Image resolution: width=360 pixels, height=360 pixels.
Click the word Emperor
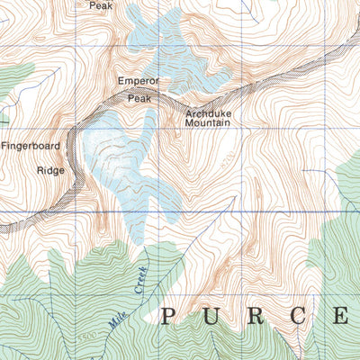tap(138, 81)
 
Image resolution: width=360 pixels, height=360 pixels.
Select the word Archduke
tap(209, 114)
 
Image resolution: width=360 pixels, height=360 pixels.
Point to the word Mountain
tap(209, 126)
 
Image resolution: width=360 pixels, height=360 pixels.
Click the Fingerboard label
tap(31, 145)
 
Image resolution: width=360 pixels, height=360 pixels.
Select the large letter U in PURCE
tap(213, 316)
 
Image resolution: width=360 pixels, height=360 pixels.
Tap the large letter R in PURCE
tap(258, 316)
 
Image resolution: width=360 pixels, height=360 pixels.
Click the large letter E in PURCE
tap(344, 316)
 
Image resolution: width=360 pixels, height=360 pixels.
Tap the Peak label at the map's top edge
tap(102, 5)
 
